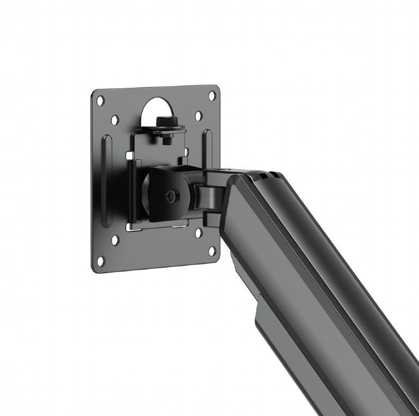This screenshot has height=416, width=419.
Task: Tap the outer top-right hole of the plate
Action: tap(212, 95)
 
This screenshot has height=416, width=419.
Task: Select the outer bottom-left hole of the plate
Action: tap(101, 261)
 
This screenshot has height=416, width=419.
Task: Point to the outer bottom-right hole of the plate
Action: tap(211, 252)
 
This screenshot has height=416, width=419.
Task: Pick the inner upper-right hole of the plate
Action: tap(198, 116)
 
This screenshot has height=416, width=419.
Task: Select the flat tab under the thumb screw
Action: tap(163, 130)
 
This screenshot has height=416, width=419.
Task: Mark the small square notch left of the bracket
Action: tap(130, 157)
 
